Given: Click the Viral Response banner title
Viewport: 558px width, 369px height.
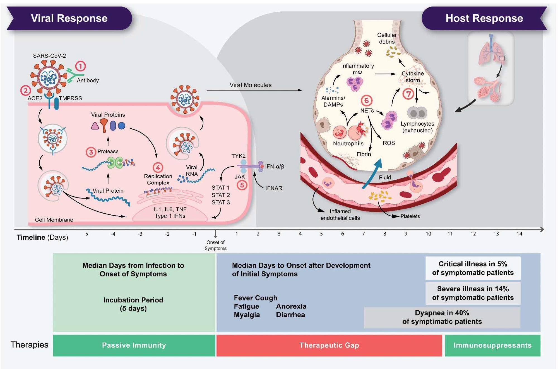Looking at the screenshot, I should pos(69,18).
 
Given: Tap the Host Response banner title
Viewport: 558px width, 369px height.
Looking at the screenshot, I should pos(484,18).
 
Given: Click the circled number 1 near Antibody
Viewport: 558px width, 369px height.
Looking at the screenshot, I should pos(80,66).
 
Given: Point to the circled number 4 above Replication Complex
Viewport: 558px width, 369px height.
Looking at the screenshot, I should pos(158,167).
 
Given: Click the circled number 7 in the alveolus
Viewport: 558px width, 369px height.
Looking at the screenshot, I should pos(408,94).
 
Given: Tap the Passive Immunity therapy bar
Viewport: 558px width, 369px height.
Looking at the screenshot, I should pos(134,345).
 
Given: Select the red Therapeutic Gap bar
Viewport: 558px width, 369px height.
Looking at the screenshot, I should pos(329,345).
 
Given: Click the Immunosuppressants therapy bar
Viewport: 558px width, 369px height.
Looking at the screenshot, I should pos(492,345).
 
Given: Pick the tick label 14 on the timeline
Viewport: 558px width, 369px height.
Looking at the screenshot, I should pos(519,234).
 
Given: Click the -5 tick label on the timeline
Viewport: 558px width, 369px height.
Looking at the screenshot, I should pos(86,234).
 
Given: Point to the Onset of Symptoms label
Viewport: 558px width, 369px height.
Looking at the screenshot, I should pos(215,245).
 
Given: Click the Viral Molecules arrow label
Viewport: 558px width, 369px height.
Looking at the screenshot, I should pos(250,85).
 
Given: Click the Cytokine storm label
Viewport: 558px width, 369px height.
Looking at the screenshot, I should pos(412,77).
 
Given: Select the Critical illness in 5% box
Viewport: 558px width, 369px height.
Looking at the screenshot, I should pos(473,268).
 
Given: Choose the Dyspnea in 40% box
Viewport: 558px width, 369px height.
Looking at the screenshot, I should pos(442,317).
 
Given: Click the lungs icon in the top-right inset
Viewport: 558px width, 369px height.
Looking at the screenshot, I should pos(491,50).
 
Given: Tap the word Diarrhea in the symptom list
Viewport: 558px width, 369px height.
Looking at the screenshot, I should pos(290,315).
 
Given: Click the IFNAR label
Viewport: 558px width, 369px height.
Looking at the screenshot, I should pos(274,188).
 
